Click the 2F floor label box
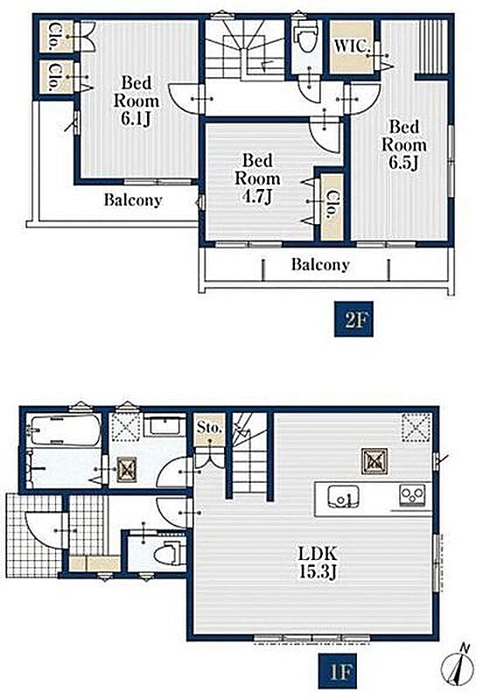(x=353, y=318)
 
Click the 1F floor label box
(x=338, y=671)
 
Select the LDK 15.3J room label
(x=318, y=563)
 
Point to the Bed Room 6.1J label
(x=136, y=101)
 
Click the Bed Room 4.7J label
(x=257, y=178)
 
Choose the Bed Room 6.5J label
(x=404, y=144)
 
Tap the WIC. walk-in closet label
(x=352, y=46)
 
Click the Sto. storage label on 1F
(x=209, y=427)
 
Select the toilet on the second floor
(x=306, y=37)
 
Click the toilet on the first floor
(x=168, y=554)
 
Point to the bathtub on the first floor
(x=63, y=430)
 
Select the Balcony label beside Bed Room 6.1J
(x=132, y=200)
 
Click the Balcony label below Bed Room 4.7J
(x=320, y=265)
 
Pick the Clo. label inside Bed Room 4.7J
(x=332, y=205)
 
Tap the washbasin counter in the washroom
(x=164, y=426)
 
